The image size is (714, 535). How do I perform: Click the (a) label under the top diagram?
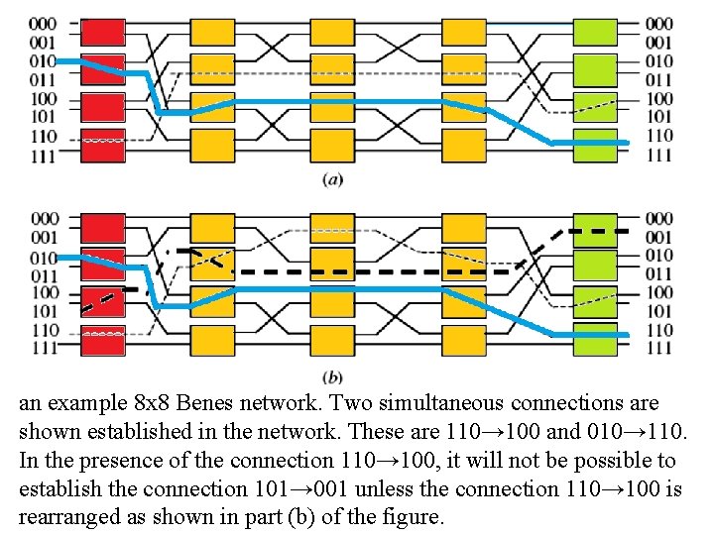(x=333, y=179)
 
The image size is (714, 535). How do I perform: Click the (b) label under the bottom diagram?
(x=333, y=376)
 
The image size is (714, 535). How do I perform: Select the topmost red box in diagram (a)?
(x=103, y=32)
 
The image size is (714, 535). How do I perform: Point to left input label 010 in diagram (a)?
(x=43, y=60)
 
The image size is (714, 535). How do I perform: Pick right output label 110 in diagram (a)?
(x=658, y=136)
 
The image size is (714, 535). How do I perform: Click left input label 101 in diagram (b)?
(x=43, y=311)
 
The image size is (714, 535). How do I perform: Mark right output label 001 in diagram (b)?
(x=658, y=237)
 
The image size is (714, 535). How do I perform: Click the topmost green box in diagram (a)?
(x=595, y=32)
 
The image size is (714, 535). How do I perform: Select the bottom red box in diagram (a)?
(x=103, y=145)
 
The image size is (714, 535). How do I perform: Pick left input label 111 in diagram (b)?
(x=43, y=348)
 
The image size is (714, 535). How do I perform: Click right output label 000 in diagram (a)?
(x=658, y=24)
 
